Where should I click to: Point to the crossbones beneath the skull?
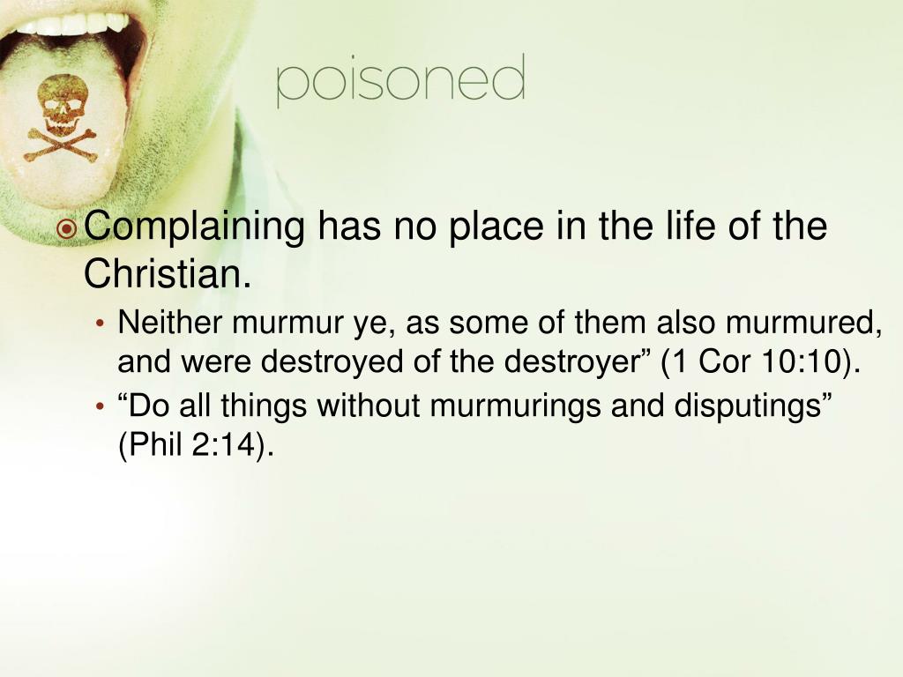(x=61, y=145)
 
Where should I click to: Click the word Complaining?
(x=195, y=227)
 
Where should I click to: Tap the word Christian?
(x=168, y=273)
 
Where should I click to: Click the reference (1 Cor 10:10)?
(x=760, y=362)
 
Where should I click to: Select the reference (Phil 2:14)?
(x=195, y=445)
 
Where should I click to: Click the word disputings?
(x=753, y=405)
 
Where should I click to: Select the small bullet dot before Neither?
(x=101, y=323)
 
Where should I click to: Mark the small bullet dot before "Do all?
(x=101, y=407)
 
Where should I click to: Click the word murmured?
(x=803, y=323)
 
